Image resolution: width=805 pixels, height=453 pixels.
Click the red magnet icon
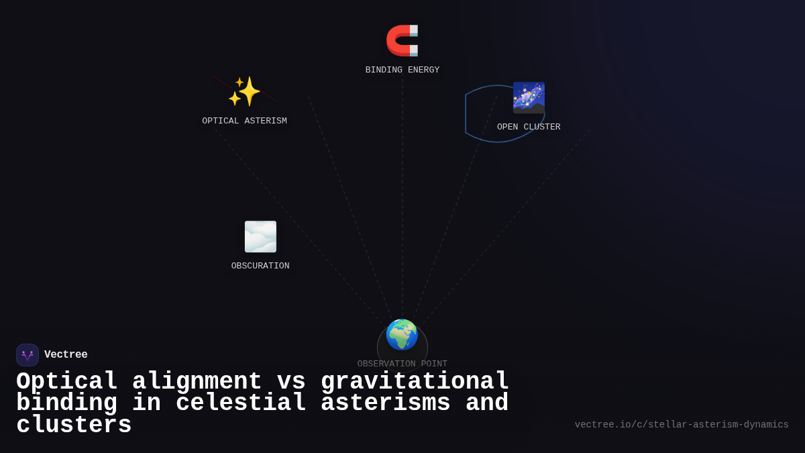[x=402, y=40]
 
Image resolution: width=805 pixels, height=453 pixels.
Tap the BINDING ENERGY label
[x=402, y=70]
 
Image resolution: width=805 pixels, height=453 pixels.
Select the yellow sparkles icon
[x=244, y=91]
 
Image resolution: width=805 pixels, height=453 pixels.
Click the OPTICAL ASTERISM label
[x=244, y=121]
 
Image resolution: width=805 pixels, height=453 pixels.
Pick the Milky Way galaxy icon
[x=529, y=98]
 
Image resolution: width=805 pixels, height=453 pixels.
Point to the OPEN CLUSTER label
[x=529, y=128]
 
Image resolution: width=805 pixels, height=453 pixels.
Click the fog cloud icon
[x=260, y=237]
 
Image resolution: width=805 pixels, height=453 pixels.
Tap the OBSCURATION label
[x=260, y=266]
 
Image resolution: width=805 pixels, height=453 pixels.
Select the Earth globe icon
[x=402, y=335]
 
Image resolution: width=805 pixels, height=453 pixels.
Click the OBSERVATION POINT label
[x=402, y=364]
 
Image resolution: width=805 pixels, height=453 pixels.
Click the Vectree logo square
[x=28, y=355]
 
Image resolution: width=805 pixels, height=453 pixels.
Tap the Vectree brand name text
[x=66, y=355]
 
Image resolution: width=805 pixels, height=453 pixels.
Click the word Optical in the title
[x=67, y=382]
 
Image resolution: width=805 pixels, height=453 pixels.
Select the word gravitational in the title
[x=415, y=382]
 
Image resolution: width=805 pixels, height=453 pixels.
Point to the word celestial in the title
[x=240, y=403]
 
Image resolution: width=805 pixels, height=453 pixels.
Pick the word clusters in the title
[x=74, y=425]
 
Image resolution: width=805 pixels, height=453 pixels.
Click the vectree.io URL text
[x=682, y=425]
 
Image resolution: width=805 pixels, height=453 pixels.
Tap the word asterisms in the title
[x=386, y=403]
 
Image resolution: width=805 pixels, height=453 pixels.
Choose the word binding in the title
[x=66, y=403]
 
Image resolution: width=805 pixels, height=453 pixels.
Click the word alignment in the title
[x=197, y=382]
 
